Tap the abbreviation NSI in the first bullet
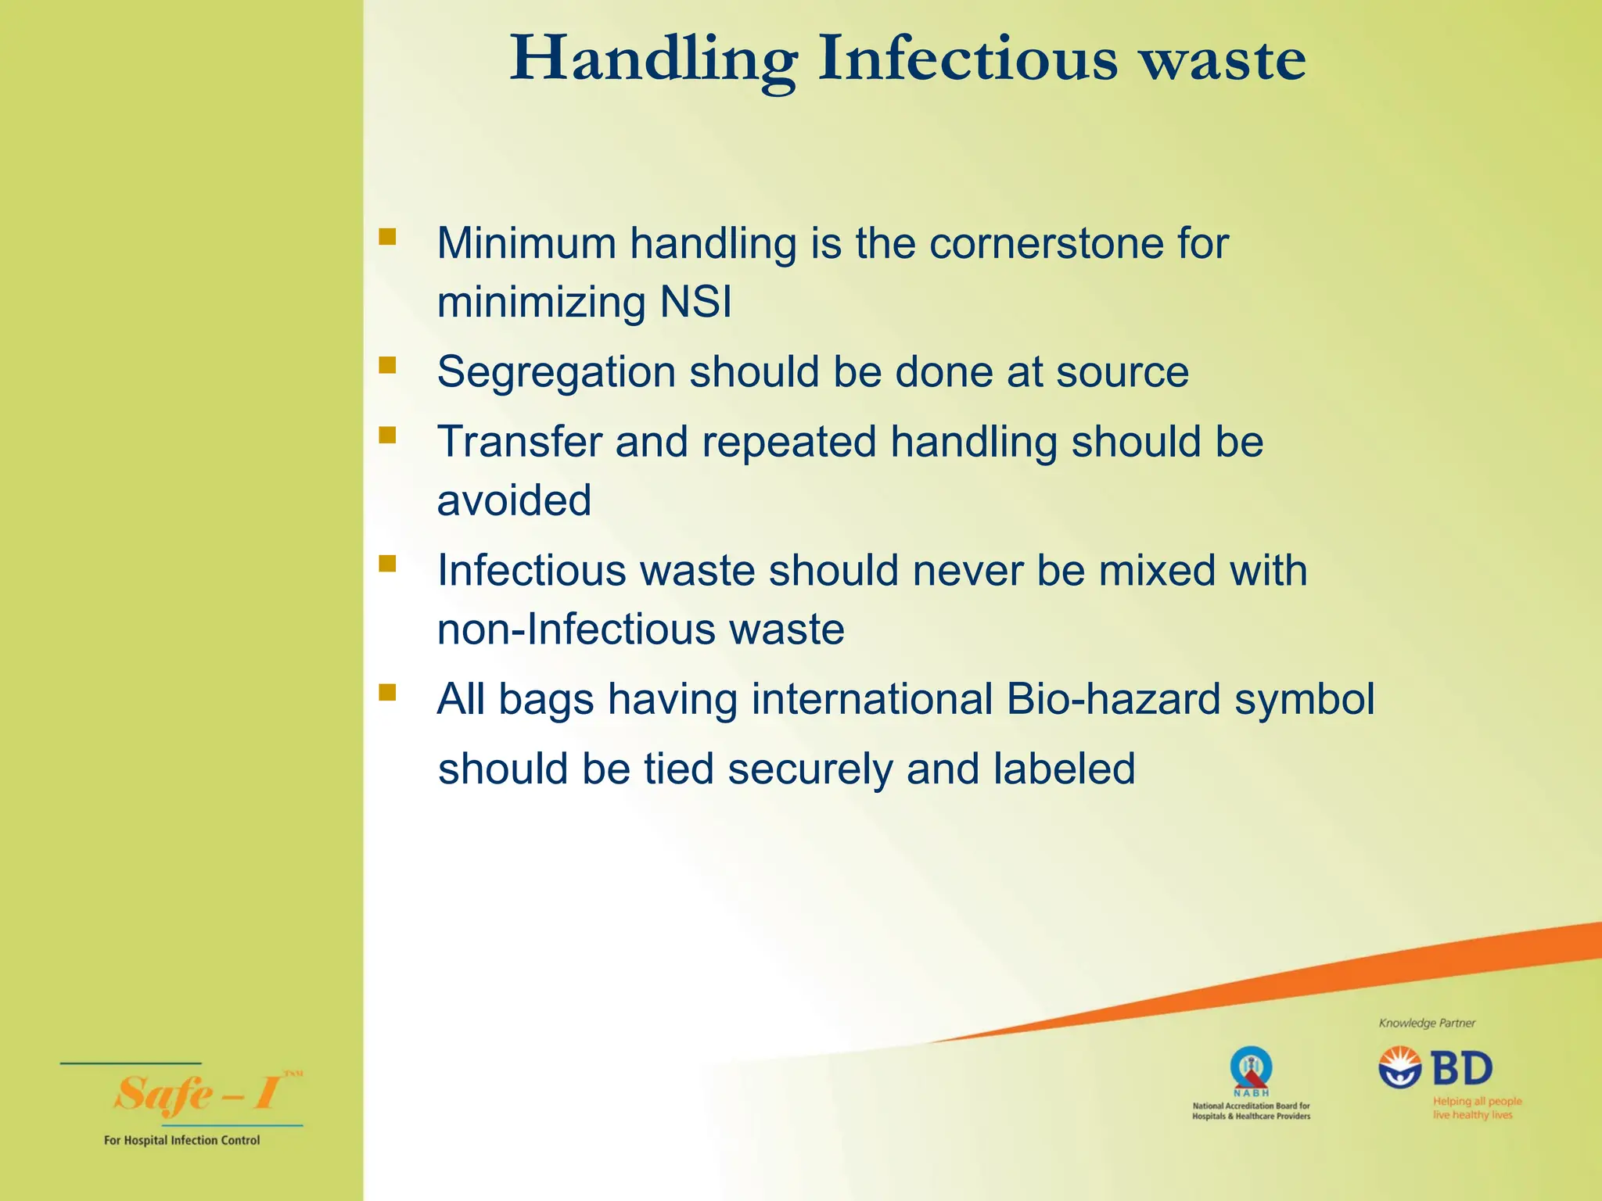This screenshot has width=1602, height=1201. tap(695, 302)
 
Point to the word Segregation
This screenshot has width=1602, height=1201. tap(556, 372)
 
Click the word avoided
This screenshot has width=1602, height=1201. tap(514, 500)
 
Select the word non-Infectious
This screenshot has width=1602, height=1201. tap(575, 629)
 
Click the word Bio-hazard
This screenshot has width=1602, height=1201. tap(1113, 698)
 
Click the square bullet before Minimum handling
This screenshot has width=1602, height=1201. tap(387, 236)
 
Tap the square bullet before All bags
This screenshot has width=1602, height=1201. tap(387, 692)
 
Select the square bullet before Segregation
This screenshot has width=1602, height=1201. tap(387, 365)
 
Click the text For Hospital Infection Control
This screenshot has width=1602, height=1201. tap(181, 1140)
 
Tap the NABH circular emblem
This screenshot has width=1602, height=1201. tap(1250, 1067)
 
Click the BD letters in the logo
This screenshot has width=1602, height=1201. tap(1462, 1068)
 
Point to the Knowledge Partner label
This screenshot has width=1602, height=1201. tap(1427, 1023)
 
